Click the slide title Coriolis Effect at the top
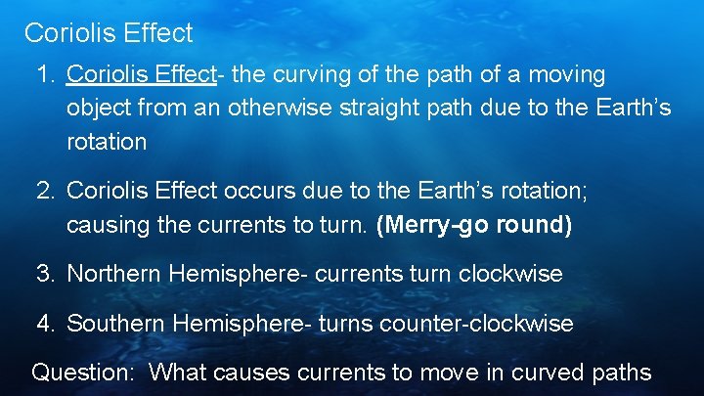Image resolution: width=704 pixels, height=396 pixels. pyautogui.click(x=109, y=33)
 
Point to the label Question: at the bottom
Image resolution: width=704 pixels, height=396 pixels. pyautogui.click(x=82, y=373)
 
